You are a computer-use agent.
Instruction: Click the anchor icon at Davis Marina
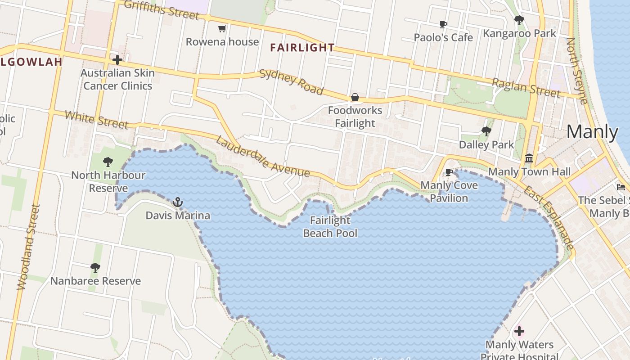(178, 202)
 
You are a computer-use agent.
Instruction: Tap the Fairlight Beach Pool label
(330, 227)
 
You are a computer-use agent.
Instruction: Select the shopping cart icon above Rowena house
(222, 29)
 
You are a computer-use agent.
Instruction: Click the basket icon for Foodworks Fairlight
(355, 97)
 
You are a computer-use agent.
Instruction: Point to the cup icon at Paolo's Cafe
(443, 24)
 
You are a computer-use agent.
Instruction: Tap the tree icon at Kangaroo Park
(519, 20)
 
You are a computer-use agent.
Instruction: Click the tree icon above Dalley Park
(486, 131)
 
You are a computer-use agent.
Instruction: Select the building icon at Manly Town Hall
(529, 158)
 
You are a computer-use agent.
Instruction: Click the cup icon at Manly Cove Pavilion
(449, 172)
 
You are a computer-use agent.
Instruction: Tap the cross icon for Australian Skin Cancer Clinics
(117, 59)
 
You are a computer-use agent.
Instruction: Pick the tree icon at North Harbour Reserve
(108, 162)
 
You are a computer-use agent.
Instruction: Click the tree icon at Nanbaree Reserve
(95, 268)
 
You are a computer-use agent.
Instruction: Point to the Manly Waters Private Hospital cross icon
(519, 332)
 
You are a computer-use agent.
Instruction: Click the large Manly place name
(592, 132)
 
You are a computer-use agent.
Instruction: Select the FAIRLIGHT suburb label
(302, 48)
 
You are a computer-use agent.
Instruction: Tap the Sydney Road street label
(292, 82)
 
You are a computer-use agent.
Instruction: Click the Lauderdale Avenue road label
(263, 156)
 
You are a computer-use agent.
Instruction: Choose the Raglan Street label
(526, 87)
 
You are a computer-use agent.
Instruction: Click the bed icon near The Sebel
(621, 187)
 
